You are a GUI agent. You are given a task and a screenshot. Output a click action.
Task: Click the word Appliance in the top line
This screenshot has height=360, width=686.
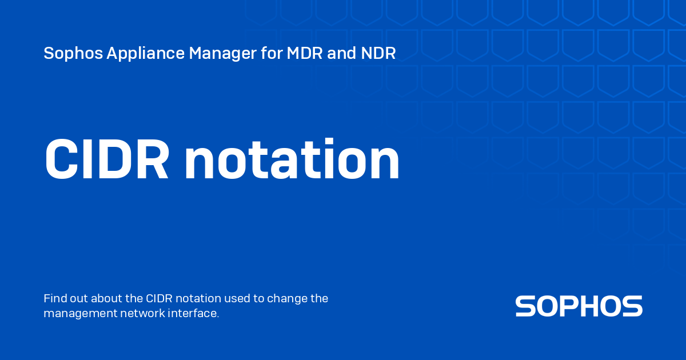pyautogui.click(x=145, y=54)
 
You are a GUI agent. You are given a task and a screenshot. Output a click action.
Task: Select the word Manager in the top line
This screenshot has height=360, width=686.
pyautogui.click(x=222, y=54)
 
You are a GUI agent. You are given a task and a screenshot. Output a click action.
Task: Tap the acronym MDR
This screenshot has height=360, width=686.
pyautogui.click(x=304, y=53)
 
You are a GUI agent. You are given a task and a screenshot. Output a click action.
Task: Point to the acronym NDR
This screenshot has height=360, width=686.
pyautogui.click(x=378, y=53)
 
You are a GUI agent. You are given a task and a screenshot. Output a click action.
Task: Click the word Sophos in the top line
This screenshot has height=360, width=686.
pyautogui.click(x=73, y=54)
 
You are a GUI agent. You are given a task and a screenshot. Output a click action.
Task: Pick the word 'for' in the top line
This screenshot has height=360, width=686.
pyautogui.click(x=272, y=53)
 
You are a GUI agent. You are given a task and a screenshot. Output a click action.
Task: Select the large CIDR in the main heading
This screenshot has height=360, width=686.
pyautogui.click(x=107, y=159)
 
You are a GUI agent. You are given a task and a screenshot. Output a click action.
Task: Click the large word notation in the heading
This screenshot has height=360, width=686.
pyautogui.click(x=292, y=159)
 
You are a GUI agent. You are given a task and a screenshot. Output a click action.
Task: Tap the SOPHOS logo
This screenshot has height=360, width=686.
pyautogui.click(x=579, y=306)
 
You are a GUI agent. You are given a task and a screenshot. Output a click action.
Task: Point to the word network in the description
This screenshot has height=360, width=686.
pyautogui.click(x=142, y=313)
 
